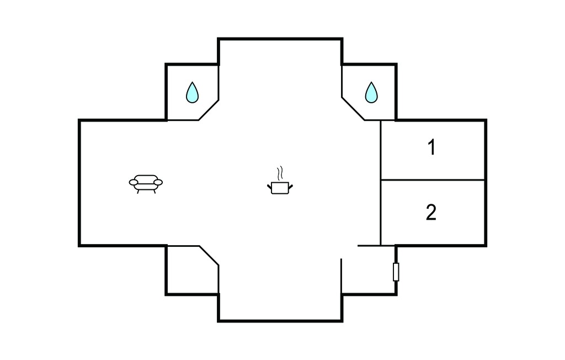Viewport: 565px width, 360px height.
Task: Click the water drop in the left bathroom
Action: pos(192,93)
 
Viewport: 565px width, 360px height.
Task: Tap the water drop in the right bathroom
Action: pos(371,93)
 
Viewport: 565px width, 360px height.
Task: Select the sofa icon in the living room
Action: pos(146,184)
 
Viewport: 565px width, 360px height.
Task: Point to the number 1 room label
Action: pos(431,147)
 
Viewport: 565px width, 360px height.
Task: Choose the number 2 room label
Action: pos(431,212)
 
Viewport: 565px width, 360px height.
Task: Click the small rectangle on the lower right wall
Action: pos(396,272)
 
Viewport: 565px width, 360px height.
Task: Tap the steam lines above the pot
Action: pos(280,173)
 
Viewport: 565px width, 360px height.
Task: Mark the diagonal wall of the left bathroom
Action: pos(209,110)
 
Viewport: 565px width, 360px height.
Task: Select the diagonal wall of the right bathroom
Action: pos(353,108)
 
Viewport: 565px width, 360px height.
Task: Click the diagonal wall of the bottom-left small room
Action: pos(209,256)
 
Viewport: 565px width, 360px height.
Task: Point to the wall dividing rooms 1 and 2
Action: pos(433,179)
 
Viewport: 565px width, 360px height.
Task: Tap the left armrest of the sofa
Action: pos(134,183)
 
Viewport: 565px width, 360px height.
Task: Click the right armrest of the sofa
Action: pos(158,183)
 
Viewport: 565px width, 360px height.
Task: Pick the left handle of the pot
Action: pos(269,187)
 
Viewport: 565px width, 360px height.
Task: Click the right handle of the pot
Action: pos(291,187)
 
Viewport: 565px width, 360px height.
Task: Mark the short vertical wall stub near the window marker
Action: pos(341,276)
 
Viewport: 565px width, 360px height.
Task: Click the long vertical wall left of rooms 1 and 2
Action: pos(381,183)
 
